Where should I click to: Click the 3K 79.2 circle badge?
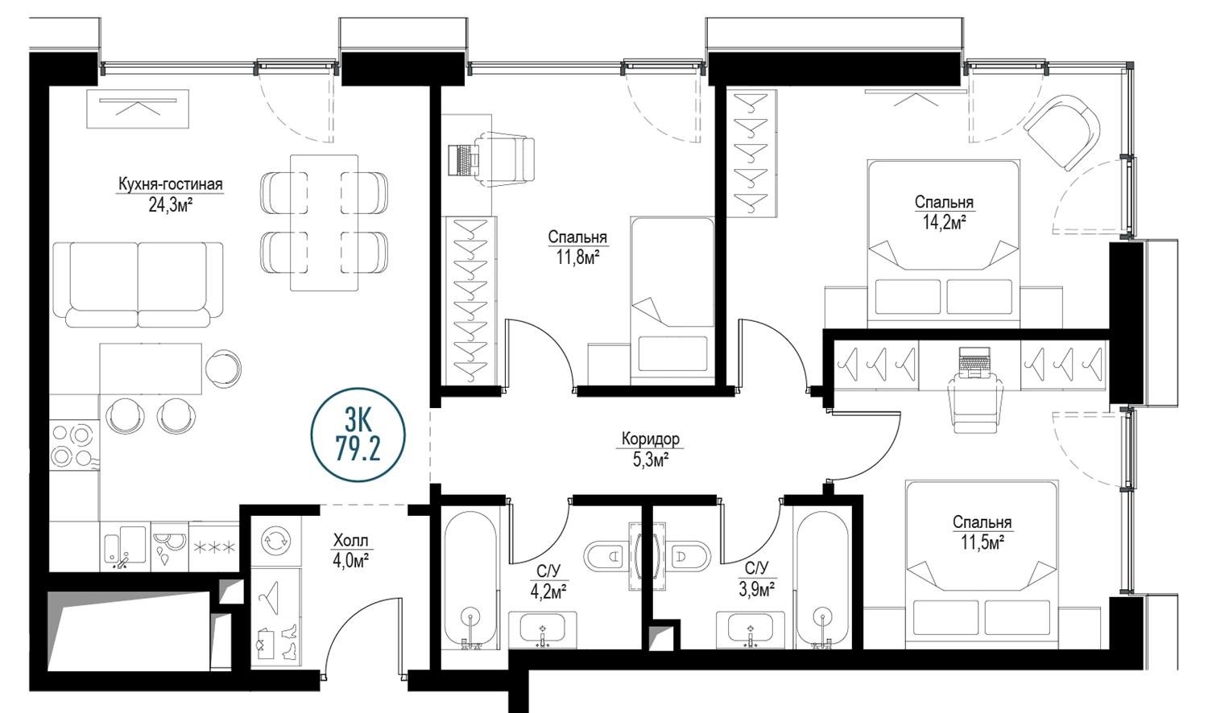(358, 435)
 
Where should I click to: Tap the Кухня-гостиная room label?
(171, 184)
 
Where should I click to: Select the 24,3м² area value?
(171, 205)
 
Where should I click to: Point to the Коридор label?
(651, 439)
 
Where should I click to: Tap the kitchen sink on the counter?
(125, 547)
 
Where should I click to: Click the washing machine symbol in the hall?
(275, 541)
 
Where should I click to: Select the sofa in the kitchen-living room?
(139, 285)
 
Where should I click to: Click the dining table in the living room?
(324, 223)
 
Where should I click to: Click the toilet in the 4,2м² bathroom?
(606, 555)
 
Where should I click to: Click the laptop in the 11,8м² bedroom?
(463, 159)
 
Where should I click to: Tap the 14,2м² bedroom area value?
(944, 222)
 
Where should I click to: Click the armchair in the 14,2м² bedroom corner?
(1062, 132)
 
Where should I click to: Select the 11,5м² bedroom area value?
(982, 542)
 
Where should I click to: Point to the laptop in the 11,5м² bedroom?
(974, 362)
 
